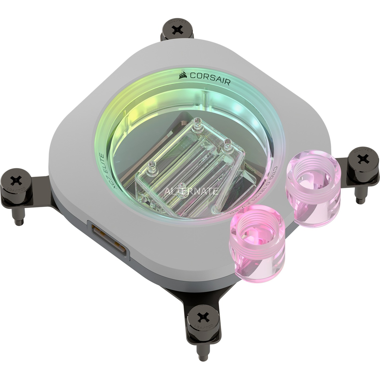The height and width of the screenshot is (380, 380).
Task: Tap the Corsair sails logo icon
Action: click(183, 75)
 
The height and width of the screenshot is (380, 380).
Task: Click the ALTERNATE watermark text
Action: click(191, 191)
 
